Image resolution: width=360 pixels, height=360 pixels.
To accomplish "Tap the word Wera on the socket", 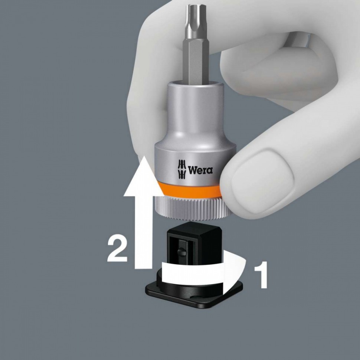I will click(x=200, y=170).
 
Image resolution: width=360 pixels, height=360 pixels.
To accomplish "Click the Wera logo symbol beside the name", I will click(x=181, y=169).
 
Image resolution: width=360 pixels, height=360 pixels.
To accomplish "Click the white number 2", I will click(x=117, y=248).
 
